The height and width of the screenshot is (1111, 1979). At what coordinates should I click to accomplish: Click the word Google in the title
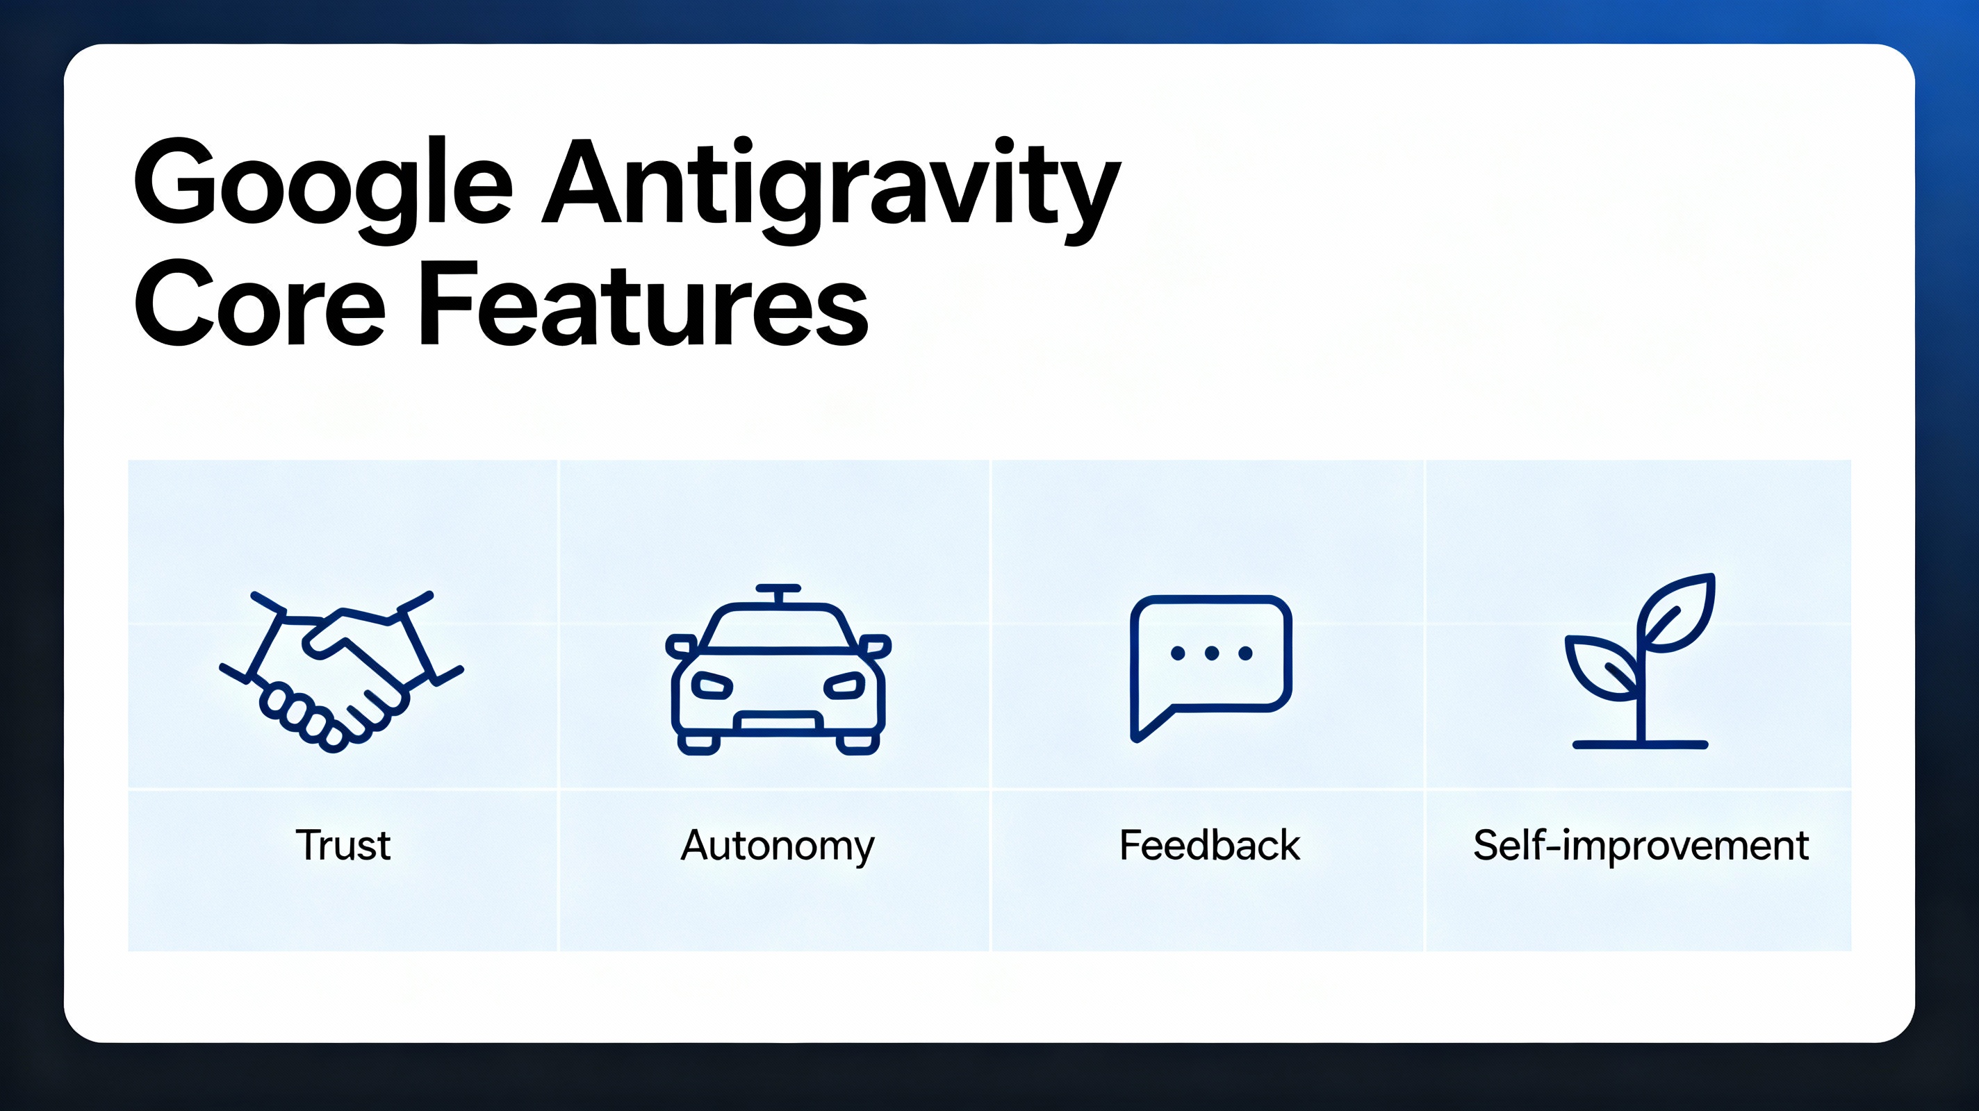pos(322,184)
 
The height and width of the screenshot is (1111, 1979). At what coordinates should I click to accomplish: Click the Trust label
pos(343,845)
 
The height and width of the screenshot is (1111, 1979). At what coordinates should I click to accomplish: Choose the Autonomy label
pos(778,845)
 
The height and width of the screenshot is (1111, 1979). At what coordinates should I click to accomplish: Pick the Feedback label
pos(1210,845)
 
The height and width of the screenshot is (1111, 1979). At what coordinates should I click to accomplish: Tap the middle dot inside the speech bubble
pos(1212,653)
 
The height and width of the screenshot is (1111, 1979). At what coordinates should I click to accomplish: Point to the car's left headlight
pos(712,684)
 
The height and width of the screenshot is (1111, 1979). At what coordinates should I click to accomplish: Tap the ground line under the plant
pos(1640,744)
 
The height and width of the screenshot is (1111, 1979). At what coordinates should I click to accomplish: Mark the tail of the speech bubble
pos(1149,726)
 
